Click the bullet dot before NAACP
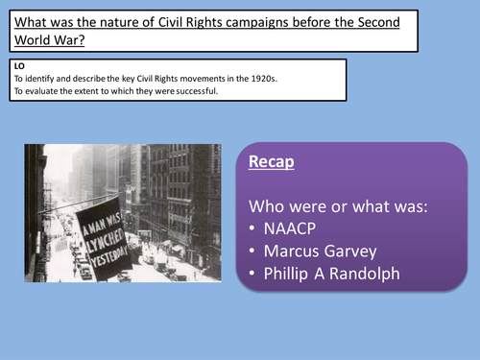click(x=253, y=229)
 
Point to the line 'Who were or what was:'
click(x=334, y=204)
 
